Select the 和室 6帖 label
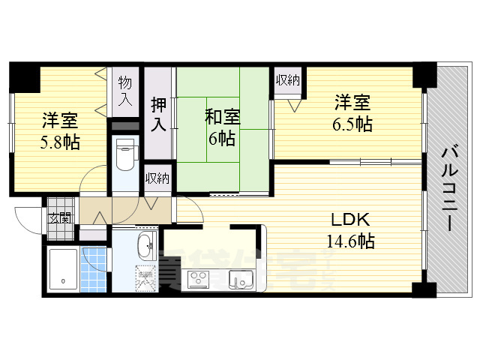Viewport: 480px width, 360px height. pos(223,127)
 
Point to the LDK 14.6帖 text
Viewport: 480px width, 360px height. pos(349,230)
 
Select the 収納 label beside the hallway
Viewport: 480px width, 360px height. pos(157,178)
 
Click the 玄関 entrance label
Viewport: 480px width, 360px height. pos(60,218)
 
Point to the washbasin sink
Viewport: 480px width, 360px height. pos(145,244)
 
